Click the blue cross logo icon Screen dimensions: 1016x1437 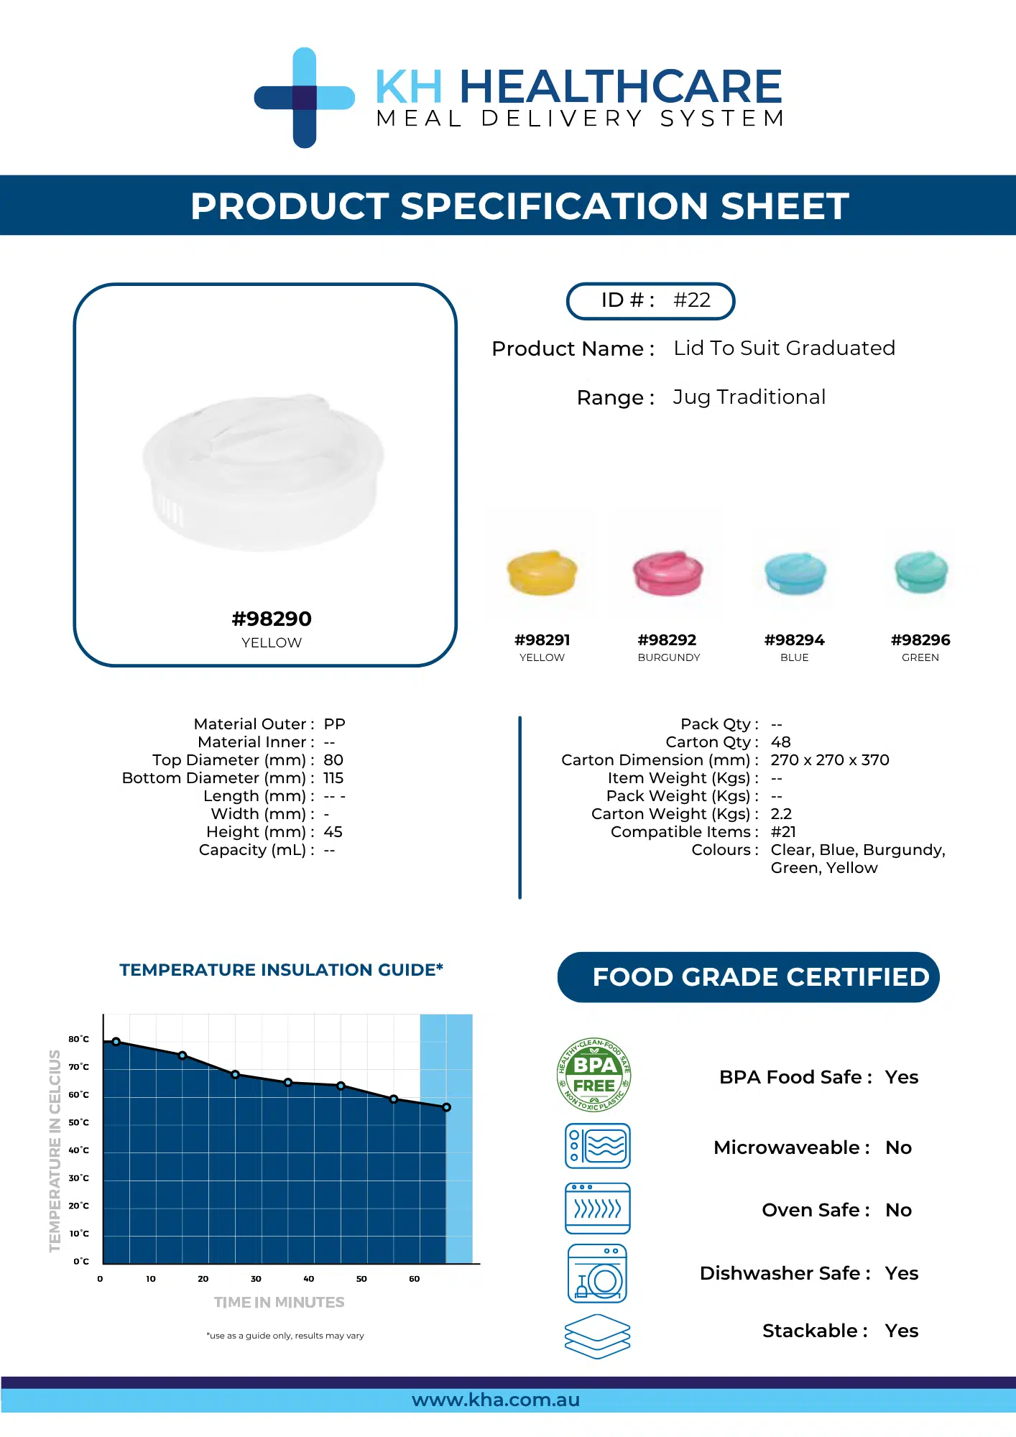[305, 98]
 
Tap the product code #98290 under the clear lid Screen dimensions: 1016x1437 [272, 619]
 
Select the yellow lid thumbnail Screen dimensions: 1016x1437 [542, 573]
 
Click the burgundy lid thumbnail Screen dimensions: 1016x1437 [668, 573]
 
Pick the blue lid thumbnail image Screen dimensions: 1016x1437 [795, 573]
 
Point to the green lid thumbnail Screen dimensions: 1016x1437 [921, 572]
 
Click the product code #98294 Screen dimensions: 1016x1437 [795, 639]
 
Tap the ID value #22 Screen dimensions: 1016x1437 [692, 300]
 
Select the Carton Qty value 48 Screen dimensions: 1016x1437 [780, 741]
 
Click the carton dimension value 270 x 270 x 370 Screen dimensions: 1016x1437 [830, 759]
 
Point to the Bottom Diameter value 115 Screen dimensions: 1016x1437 [333, 777]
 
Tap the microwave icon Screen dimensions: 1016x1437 [598, 1146]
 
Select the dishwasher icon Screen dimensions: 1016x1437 [597, 1274]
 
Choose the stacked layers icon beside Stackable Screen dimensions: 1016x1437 [598, 1336]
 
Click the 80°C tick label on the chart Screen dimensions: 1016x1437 [79, 1039]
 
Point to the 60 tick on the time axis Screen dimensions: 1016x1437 [415, 1279]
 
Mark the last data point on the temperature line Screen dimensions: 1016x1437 [446, 1107]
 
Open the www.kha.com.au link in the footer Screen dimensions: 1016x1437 [496, 1400]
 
